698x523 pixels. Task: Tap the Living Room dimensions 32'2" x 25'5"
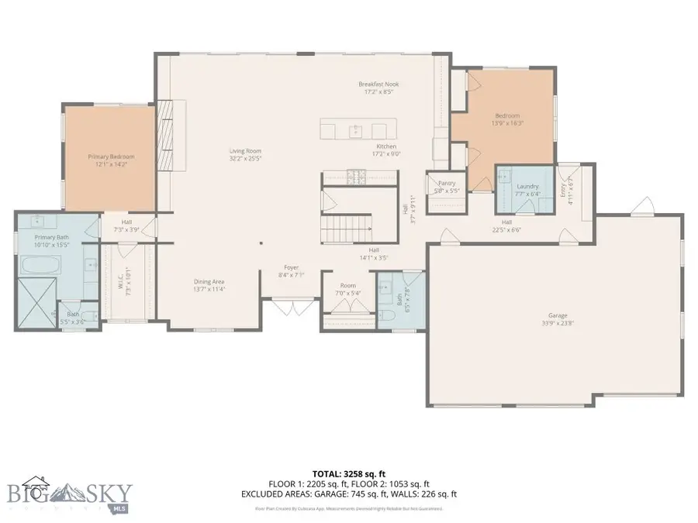point(244,159)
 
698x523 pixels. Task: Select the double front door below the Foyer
point(292,308)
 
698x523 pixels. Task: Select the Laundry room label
point(527,186)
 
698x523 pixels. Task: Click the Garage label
point(558,315)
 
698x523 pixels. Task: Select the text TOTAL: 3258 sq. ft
point(348,473)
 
